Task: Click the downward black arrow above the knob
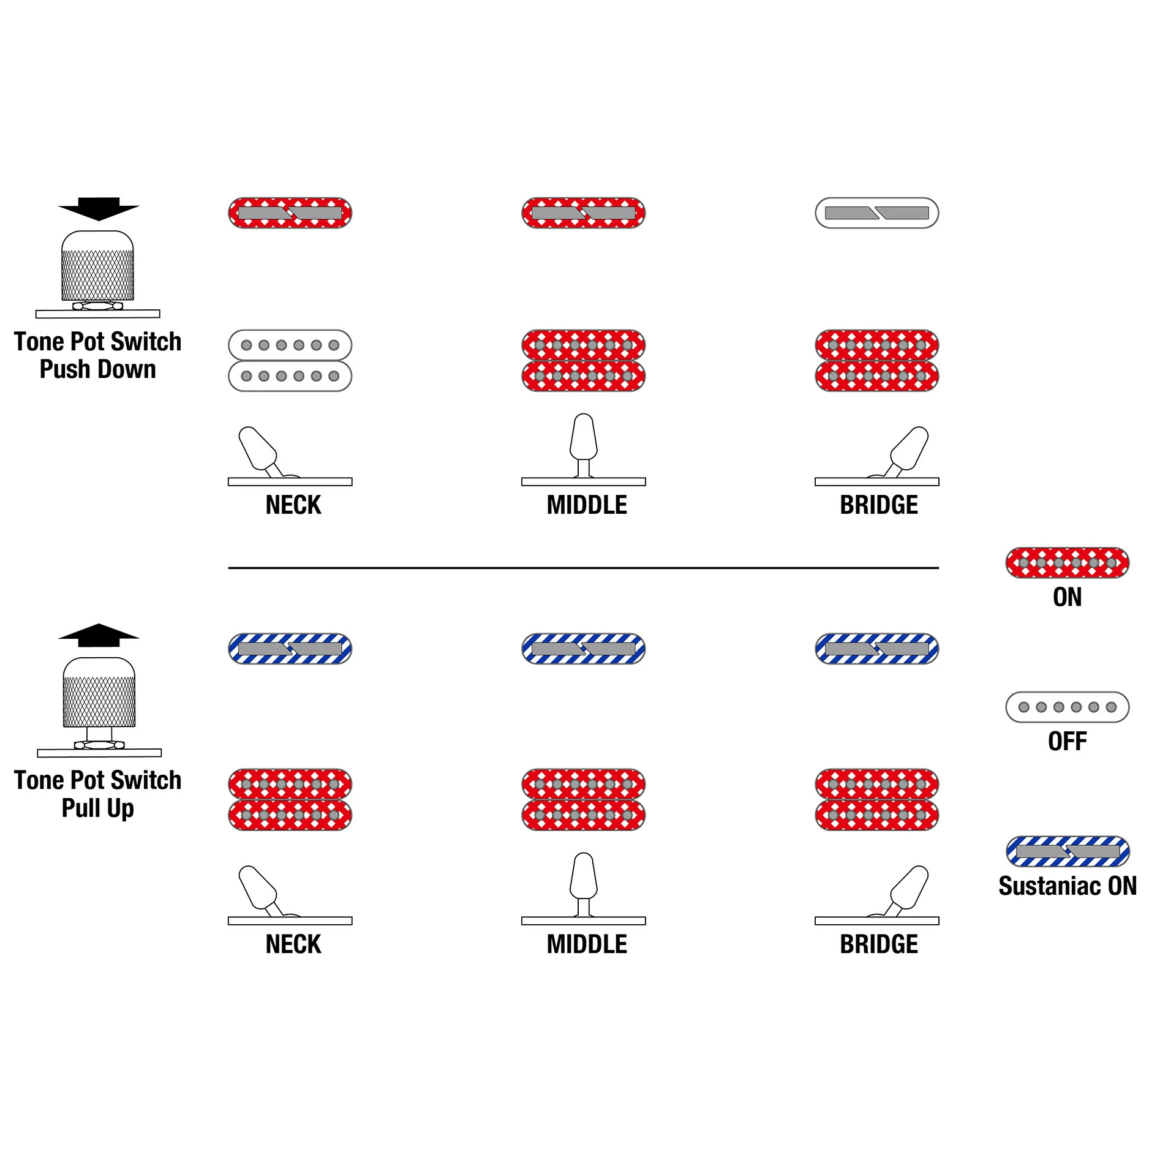(x=99, y=208)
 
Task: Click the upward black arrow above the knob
(x=99, y=635)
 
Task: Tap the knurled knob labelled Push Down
(x=97, y=266)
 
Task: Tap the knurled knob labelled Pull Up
(x=99, y=693)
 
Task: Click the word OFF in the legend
(x=1067, y=742)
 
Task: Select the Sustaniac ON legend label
(x=1067, y=886)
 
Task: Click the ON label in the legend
(x=1067, y=597)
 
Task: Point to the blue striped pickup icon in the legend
(x=1067, y=851)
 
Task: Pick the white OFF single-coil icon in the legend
(x=1067, y=707)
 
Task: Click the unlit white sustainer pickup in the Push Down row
(x=876, y=213)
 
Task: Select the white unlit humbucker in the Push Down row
(x=290, y=361)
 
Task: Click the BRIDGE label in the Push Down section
(x=878, y=505)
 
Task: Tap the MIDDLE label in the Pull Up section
(x=586, y=944)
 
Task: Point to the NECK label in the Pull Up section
(x=293, y=944)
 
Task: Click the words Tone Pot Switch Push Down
(x=98, y=356)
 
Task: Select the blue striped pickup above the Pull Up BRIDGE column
(x=876, y=649)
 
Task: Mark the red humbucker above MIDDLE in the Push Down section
(x=583, y=361)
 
